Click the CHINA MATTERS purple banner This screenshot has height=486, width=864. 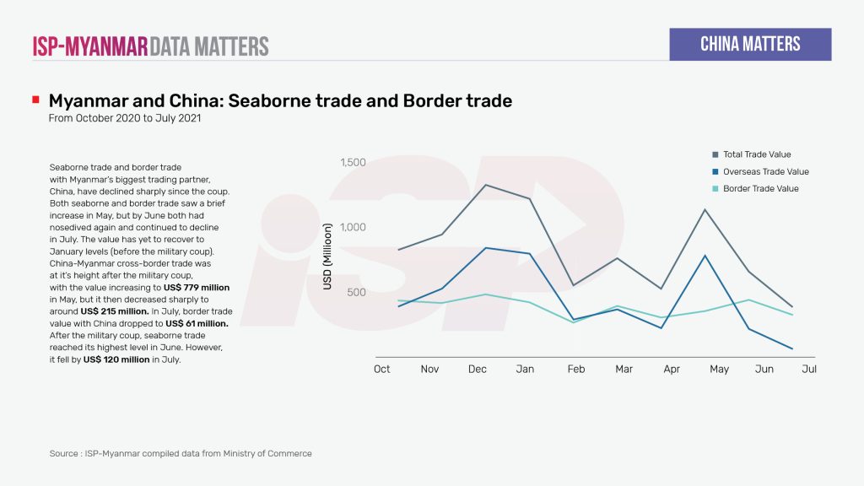[750, 44]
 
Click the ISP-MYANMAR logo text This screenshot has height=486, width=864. [90, 46]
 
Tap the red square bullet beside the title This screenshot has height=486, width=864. [35, 100]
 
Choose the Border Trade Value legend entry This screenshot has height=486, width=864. [759, 188]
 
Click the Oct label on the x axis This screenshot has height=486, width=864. [382, 369]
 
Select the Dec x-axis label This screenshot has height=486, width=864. [478, 369]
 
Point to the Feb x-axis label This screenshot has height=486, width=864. [576, 369]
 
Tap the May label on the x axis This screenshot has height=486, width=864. [719, 369]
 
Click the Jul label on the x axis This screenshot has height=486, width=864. [809, 369]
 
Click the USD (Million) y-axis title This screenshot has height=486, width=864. [328, 256]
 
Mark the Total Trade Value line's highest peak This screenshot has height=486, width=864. [485, 184]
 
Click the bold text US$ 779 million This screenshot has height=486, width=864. [197, 288]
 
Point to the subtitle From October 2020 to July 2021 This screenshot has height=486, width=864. [124, 118]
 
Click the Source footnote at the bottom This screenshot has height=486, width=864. [181, 453]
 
